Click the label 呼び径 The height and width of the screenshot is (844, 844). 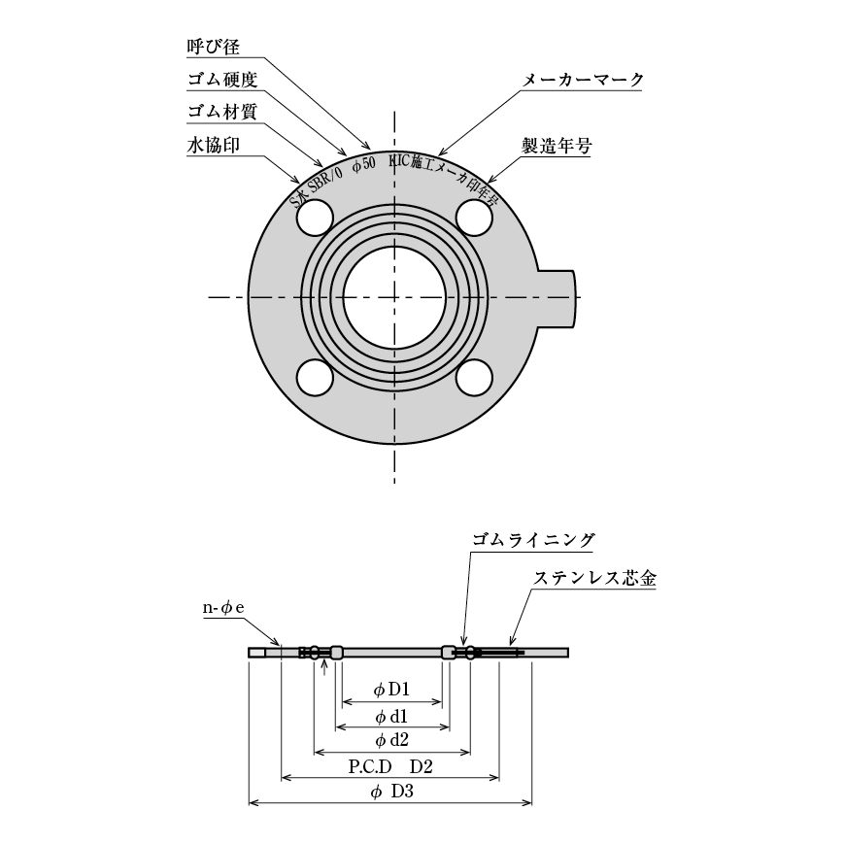pos(212,47)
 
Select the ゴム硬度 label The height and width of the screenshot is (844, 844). pos(221,79)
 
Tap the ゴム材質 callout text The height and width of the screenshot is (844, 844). pos(221,111)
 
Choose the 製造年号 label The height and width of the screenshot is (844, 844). pos(557,146)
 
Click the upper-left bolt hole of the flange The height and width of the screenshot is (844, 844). pos(315,219)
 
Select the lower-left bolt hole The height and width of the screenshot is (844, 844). pos(315,377)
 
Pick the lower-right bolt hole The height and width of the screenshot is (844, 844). pos(474,377)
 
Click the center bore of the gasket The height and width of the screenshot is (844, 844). pos(394,297)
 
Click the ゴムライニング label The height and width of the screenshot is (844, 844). pos(533,540)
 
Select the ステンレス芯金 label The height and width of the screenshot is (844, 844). pos(594,578)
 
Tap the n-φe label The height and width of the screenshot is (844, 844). pos(222,608)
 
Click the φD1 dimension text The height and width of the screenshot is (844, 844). pos(391,691)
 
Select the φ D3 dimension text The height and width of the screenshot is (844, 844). pos(392,792)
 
